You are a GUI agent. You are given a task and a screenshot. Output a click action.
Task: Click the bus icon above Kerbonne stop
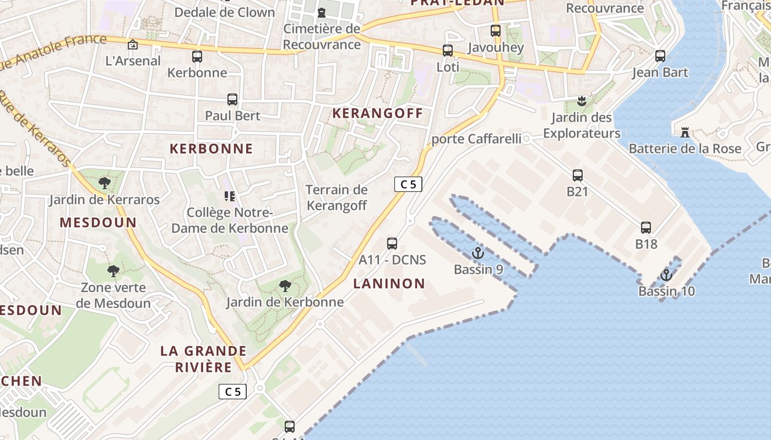[x=197, y=56]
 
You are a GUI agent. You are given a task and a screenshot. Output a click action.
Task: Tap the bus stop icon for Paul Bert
[x=232, y=100]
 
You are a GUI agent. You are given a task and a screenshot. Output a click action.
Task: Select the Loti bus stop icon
[x=448, y=51]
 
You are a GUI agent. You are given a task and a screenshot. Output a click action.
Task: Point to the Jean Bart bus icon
[x=660, y=56]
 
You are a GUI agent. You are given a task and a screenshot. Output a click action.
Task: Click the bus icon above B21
[x=578, y=175]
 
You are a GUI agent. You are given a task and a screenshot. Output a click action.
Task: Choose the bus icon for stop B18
[x=646, y=227]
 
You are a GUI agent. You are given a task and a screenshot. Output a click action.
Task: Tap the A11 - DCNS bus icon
[x=392, y=243]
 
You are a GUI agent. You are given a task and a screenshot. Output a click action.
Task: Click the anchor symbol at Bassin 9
[x=478, y=253]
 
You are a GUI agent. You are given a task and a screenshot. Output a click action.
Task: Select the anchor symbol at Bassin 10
[x=666, y=274]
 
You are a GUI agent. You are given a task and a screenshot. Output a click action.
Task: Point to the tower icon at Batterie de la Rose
[x=685, y=132]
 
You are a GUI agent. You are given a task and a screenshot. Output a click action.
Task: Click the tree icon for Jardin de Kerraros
[x=104, y=183]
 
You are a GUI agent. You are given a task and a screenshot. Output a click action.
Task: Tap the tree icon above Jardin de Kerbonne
[x=285, y=285]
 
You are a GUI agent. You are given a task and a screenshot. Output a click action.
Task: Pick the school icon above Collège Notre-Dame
[x=230, y=196]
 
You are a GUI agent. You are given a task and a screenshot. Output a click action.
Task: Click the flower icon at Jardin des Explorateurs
[x=581, y=101]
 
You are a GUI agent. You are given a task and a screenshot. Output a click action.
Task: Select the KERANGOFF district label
[x=378, y=114]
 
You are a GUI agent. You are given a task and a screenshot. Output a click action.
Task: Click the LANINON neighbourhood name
[x=389, y=284]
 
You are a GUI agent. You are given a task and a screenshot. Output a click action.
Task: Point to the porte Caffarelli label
[x=476, y=139]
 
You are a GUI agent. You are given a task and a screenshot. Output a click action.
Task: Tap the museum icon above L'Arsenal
[x=133, y=45]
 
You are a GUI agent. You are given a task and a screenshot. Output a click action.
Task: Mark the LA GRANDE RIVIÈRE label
[x=204, y=359]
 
